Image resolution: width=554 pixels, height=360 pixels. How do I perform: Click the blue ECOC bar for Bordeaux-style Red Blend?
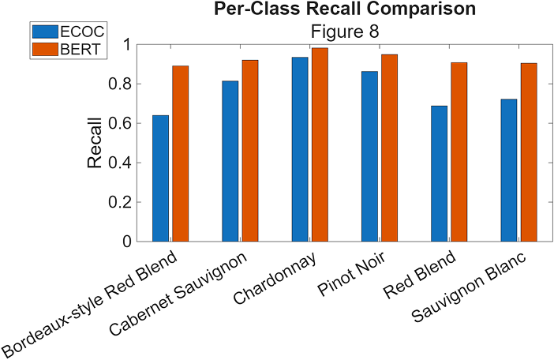click(x=160, y=178)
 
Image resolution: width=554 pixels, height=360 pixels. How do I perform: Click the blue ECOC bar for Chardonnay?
click(x=299, y=149)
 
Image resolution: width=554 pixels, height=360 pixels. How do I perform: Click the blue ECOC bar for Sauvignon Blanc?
click(x=507, y=170)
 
